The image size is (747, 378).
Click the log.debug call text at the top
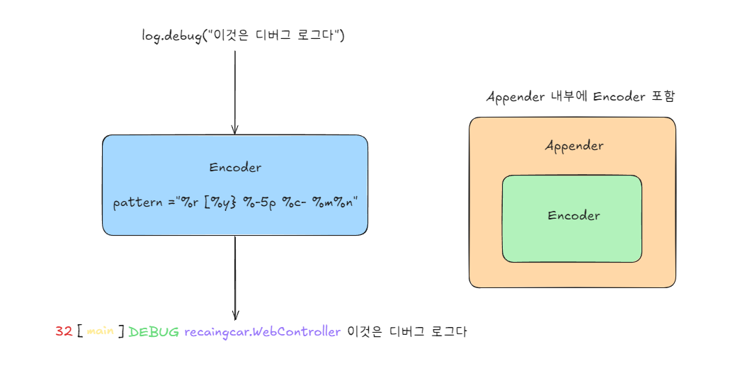pos(243,35)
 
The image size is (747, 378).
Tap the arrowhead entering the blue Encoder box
pos(235,129)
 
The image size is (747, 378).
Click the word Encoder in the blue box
pos(235,168)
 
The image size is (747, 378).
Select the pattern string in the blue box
pos(236,203)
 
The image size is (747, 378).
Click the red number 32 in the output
pos(64,331)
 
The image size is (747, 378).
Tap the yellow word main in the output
pos(101,331)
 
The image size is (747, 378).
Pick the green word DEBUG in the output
pos(154,331)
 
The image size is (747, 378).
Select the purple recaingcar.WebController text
pos(263,331)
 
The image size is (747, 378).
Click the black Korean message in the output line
pos(407,331)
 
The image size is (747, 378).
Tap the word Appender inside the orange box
pos(574,146)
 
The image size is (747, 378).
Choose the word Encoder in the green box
pos(574,215)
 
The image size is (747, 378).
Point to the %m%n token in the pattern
pos(335,203)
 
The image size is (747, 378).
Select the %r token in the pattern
pos(188,203)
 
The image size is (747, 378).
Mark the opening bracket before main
pos(80,331)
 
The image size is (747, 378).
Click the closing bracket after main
pos(122,331)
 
